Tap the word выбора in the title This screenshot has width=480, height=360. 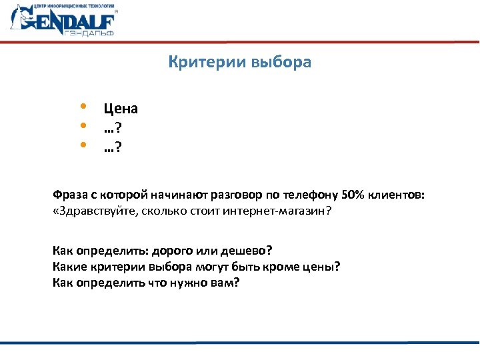(x=281, y=63)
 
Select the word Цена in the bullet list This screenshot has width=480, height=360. (x=121, y=109)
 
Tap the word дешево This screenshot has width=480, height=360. (x=246, y=251)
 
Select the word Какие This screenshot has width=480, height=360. (x=68, y=267)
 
